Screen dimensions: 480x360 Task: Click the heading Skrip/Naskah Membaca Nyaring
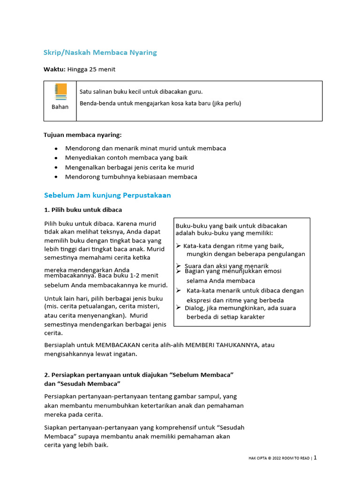[x=100, y=52]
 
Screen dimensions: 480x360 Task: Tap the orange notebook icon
[x=60, y=91]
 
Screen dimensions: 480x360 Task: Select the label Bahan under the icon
[x=60, y=107]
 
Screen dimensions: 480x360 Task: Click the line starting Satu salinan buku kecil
[x=141, y=92]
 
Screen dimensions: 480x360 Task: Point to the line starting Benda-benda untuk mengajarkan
[x=160, y=103]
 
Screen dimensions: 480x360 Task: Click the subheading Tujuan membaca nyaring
[x=82, y=135]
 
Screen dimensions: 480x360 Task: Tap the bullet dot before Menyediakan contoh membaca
[x=56, y=158]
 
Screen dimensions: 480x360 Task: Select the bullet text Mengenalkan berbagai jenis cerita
[x=129, y=167]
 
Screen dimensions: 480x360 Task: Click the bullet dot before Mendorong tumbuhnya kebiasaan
[x=56, y=177]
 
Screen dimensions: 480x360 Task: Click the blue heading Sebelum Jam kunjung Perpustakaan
[x=107, y=195]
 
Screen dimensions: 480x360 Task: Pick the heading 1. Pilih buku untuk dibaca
[x=83, y=210]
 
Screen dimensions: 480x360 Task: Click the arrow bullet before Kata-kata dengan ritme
[x=179, y=246]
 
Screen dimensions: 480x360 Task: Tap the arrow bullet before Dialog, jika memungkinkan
[x=179, y=307]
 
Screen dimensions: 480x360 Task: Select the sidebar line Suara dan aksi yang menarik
[x=226, y=266]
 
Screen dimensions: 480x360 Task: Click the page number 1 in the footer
[x=315, y=457]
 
